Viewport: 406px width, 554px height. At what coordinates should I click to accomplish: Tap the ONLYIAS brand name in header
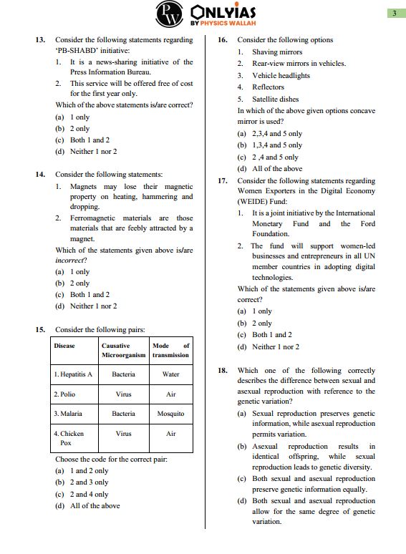pyautogui.click(x=224, y=11)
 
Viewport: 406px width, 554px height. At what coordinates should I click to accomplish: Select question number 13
pyautogui.click(x=41, y=40)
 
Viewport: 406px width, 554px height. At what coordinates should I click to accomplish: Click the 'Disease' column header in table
pyautogui.click(x=64, y=346)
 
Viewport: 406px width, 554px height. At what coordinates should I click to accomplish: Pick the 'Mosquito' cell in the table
pyautogui.click(x=170, y=414)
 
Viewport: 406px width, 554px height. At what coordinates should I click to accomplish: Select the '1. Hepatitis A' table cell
pyautogui.click(x=73, y=374)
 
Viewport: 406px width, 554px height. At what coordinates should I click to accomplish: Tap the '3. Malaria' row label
pyautogui.click(x=68, y=414)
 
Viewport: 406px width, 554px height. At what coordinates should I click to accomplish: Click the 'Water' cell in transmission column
pyautogui.click(x=170, y=374)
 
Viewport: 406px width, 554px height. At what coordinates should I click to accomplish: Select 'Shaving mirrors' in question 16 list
pyautogui.click(x=276, y=52)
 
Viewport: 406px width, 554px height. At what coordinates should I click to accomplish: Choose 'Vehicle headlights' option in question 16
pyautogui.click(x=281, y=75)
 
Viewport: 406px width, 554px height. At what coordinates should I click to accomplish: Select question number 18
pyautogui.click(x=223, y=371)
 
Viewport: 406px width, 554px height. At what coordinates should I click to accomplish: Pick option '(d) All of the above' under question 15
pyautogui.click(x=87, y=506)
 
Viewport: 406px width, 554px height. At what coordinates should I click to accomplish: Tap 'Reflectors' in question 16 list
pyautogui.click(x=268, y=87)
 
